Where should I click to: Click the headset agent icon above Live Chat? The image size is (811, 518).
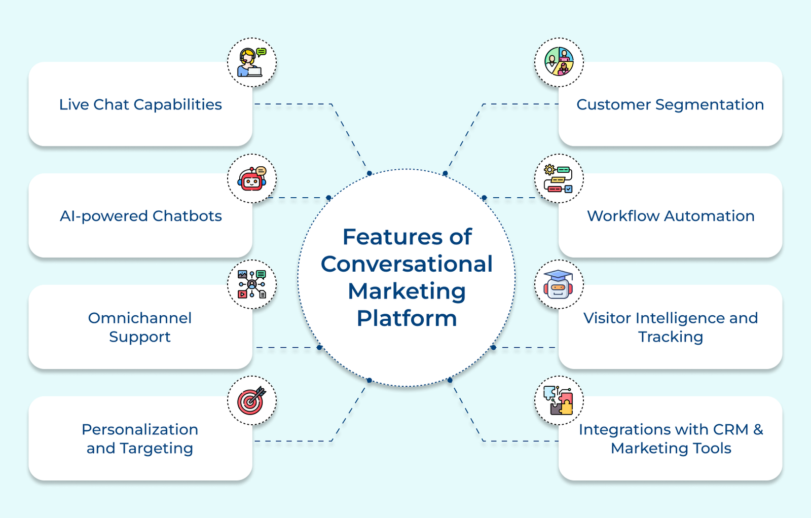(x=252, y=62)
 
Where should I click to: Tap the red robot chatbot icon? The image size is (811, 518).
(x=252, y=179)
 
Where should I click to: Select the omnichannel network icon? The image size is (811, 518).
(x=252, y=284)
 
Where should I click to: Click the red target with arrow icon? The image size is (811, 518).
(x=252, y=401)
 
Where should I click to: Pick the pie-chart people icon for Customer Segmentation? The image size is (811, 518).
(x=559, y=61)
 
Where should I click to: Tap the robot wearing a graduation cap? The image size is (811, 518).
(x=559, y=284)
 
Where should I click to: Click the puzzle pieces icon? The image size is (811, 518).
(x=559, y=401)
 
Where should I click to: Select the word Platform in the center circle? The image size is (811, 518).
(x=407, y=319)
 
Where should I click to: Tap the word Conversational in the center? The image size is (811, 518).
(x=407, y=264)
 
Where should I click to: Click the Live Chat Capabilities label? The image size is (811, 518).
(x=140, y=104)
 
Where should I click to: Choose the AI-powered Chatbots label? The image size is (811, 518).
(x=140, y=216)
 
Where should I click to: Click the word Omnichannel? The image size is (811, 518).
(x=140, y=318)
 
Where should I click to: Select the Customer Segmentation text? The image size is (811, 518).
(x=670, y=104)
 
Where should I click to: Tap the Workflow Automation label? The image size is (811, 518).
(x=671, y=216)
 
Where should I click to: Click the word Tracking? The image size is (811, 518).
(x=671, y=337)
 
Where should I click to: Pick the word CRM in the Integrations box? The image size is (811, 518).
(x=730, y=429)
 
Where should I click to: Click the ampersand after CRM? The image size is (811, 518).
(x=758, y=429)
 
